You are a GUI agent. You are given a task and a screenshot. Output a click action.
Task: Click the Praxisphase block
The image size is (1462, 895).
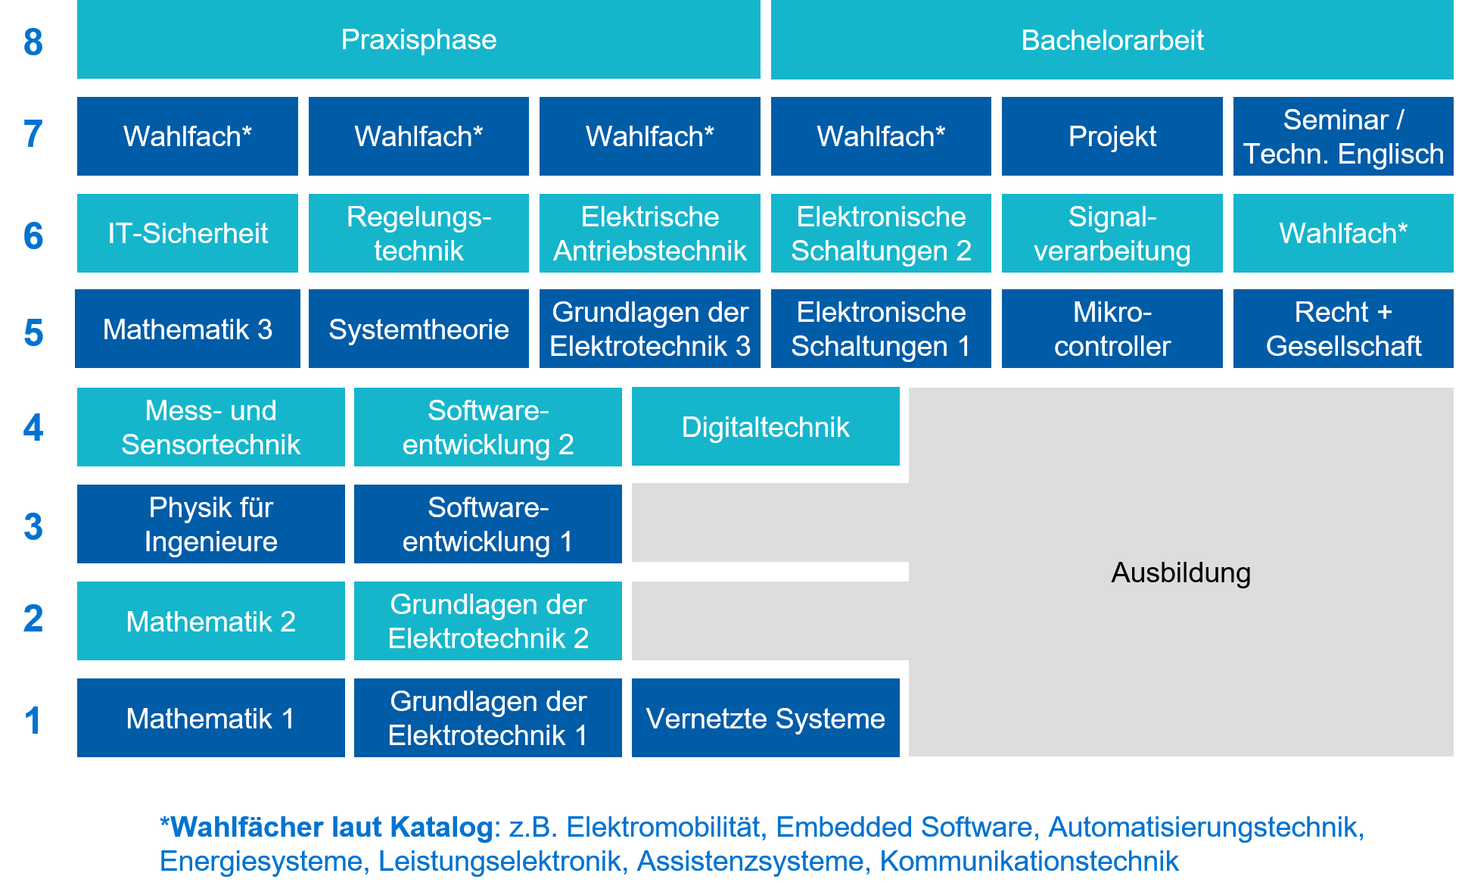[x=418, y=39]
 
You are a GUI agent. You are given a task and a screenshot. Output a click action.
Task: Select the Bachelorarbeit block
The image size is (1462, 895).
[x=1112, y=40]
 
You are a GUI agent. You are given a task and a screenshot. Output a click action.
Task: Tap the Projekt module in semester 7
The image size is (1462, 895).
[x=1112, y=136]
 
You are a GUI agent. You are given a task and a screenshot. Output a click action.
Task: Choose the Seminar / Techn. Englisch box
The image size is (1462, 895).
[x=1343, y=136]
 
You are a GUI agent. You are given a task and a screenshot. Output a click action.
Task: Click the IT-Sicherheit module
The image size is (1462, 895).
[x=188, y=233]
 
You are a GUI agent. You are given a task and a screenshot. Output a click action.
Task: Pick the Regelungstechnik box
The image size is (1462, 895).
[x=418, y=233]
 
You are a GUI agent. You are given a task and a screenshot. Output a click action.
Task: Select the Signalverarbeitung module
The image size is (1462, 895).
[x=1112, y=233]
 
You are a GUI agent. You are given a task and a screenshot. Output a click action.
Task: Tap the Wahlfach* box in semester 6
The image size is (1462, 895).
[x=1343, y=233]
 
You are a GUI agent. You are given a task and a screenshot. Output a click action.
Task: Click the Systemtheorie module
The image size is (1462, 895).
[x=418, y=329]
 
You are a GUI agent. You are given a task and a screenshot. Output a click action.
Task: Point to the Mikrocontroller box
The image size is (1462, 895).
[x=1112, y=329]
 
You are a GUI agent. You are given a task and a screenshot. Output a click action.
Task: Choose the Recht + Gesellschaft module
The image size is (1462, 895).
[x=1343, y=329]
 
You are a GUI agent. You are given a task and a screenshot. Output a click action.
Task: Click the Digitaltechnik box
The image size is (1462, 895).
[x=765, y=427]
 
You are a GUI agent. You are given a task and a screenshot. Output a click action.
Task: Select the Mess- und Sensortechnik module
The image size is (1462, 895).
[x=210, y=427]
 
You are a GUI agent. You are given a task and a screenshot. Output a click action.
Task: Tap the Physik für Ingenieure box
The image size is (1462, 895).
[x=210, y=524]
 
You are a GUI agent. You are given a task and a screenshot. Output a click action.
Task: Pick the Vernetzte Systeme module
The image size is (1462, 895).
[x=765, y=718]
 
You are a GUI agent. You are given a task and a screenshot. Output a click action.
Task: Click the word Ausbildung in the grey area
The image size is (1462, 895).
[x=1180, y=572]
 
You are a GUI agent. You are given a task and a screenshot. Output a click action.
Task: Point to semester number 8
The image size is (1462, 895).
[x=33, y=42]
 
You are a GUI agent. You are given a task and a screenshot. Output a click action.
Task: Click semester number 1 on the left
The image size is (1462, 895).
[x=33, y=720]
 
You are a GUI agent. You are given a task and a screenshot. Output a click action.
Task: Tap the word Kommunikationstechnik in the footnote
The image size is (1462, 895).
[x=1029, y=861]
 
